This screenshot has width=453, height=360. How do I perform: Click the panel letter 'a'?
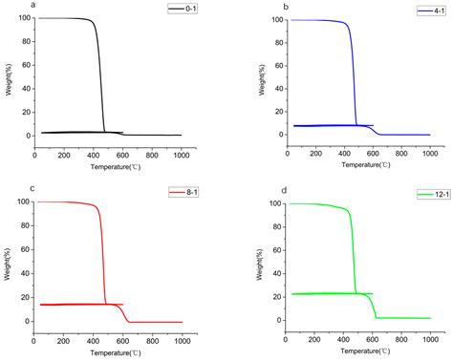6,6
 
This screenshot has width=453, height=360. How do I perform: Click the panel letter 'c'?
6,188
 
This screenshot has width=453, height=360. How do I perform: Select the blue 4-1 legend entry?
427,10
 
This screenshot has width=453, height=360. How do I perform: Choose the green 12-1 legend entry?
424,194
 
